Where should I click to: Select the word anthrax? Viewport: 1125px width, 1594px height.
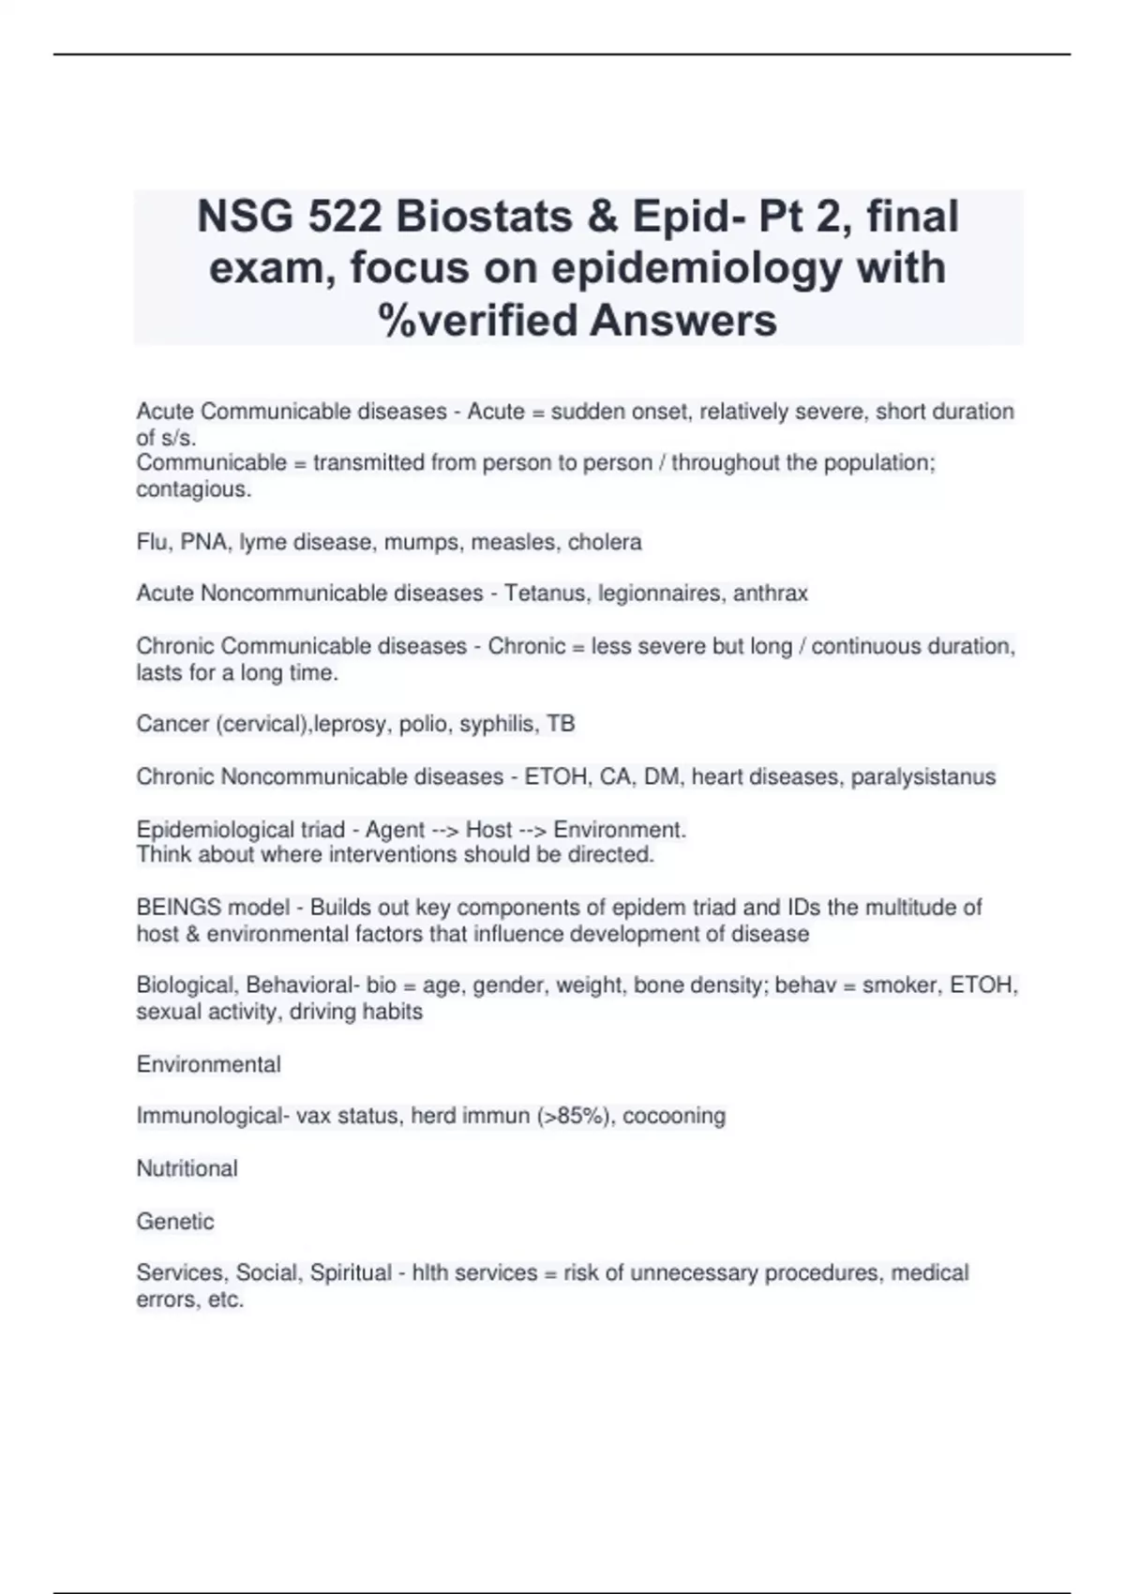(770, 594)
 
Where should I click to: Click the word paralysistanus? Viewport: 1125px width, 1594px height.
(922, 776)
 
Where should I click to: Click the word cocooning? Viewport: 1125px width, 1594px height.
(674, 1116)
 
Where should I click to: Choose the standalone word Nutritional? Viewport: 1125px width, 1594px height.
(187, 1168)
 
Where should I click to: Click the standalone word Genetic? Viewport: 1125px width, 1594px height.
(175, 1221)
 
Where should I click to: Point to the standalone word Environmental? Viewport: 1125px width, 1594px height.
(208, 1064)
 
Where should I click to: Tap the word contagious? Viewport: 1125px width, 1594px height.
(193, 489)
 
